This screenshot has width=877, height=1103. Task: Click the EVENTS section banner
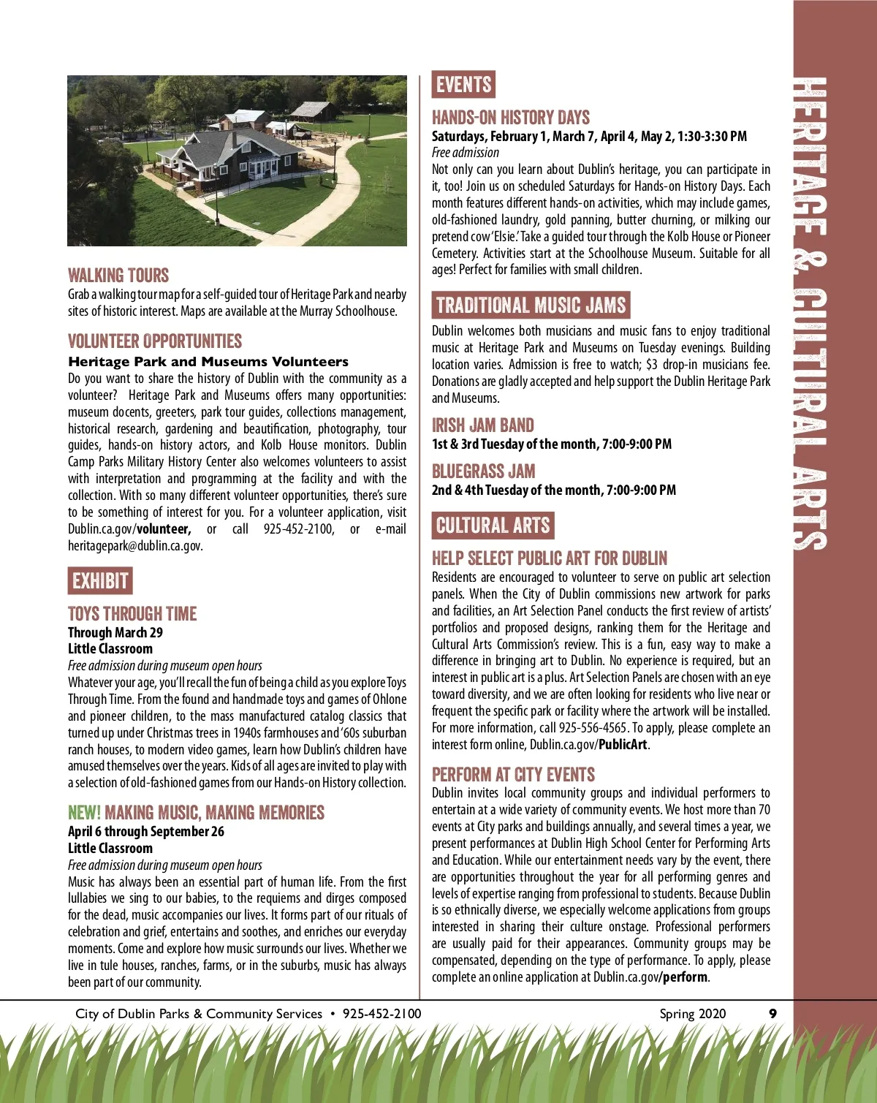point(463,85)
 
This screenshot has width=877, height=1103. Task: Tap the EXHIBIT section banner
point(100,581)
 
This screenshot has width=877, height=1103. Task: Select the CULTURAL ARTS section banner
point(493,526)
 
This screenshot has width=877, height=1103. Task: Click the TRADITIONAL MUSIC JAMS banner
point(531,305)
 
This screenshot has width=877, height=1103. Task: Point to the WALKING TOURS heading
point(118,276)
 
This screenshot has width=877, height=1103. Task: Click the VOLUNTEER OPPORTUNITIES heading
point(155,341)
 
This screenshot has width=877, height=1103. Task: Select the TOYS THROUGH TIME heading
point(132,614)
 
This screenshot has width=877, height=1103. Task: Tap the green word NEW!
point(84,813)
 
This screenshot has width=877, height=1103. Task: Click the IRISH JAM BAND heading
point(482,425)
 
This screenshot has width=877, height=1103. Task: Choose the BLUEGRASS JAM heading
point(483,471)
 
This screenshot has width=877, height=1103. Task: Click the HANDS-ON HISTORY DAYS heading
point(510,118)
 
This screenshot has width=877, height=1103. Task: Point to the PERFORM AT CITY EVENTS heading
point(513,775)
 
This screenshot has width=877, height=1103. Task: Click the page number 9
point(772,1013)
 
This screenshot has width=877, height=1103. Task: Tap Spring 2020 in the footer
point(692,1013)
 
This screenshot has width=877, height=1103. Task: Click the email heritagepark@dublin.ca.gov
point(134,546)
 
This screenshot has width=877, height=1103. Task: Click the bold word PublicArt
point(623,745)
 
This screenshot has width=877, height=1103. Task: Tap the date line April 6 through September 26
point(146,832)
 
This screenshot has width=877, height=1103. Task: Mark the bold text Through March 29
point(115,633)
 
